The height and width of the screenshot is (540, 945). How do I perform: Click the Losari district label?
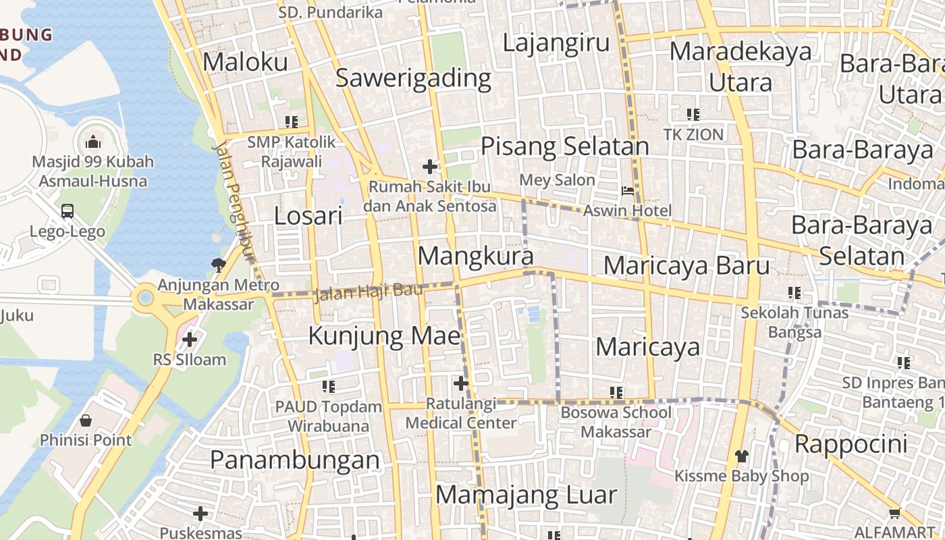tap(308, 216)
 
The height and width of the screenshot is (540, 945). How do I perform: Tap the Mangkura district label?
tap(476, 256)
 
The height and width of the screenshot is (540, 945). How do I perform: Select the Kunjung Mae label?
tap(385, 335)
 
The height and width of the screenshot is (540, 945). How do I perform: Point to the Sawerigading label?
tap(413, 78)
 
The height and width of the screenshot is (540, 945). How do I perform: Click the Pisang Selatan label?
tap(564, 146)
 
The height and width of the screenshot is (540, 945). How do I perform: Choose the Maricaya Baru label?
tap(686, 265)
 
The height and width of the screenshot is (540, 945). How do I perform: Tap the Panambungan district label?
tap(295, 460)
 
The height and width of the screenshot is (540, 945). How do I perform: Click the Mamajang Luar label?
tap(526, 495)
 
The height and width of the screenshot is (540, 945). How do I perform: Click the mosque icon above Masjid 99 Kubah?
tap(93, 141)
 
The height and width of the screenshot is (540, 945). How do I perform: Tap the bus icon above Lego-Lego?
tap(67, 211)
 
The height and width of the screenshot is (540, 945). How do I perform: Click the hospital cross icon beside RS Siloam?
tap(190, 338)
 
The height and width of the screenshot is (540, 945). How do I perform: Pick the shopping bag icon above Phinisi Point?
tap(86, 421)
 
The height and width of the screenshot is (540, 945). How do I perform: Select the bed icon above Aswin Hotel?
tap(628, 191)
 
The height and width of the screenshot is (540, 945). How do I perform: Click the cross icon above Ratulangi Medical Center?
tap(461, 383)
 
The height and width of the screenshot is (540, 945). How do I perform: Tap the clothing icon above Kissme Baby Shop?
tap(741, 456)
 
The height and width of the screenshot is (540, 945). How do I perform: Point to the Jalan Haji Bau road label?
tap(369, 292)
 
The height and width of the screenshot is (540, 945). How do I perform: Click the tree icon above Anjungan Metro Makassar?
tap(218, 265)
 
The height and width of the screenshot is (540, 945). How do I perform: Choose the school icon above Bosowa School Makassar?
tap(616, 392)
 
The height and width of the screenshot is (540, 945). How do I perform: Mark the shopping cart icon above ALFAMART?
tap(895, 513)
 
